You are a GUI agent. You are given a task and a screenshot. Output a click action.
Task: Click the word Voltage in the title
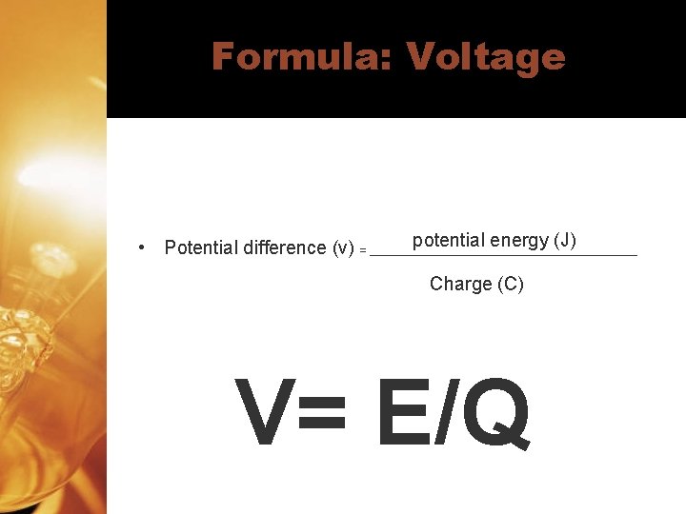tap(486, 57)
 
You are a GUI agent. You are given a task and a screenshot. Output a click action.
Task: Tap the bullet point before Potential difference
tap(141, 247)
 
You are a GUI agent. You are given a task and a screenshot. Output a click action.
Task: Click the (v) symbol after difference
tap(343, 247)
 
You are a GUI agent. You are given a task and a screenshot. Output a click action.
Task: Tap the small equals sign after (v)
tap(363, 250)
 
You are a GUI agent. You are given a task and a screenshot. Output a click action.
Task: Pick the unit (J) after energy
tap(565, 240)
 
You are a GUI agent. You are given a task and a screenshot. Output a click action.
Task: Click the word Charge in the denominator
tap(460, 284)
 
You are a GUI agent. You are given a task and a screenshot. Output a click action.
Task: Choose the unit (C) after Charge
tap(510, 284)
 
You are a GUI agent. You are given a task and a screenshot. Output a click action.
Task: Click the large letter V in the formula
tap(264, 414)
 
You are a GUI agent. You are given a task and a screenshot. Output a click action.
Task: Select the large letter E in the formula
tap(402, 414)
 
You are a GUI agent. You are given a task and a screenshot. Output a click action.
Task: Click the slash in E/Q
tap(442, 414)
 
